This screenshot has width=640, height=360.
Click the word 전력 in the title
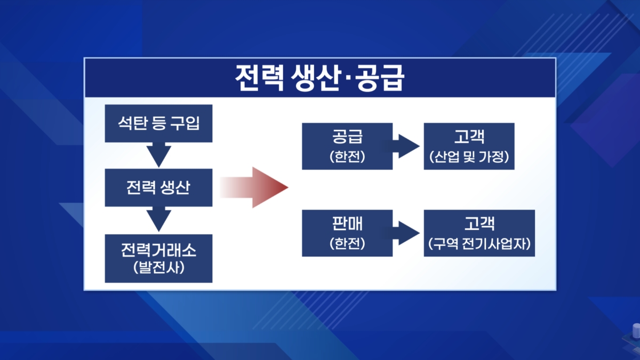tap(259, 78)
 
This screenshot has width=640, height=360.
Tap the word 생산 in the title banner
tap(316, 78)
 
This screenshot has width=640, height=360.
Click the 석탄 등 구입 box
tap(158, 123)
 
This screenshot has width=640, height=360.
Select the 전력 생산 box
tap(158, 187)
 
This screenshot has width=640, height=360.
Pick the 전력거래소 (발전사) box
tap(158, 259)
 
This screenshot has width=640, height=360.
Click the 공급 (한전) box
tap(347, 146)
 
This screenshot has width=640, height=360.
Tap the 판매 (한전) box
tap(347, 233)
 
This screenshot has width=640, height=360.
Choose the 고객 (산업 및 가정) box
tap(469, 146)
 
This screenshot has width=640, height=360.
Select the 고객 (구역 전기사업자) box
tap(479, 233)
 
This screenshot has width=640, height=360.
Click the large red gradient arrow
tap(254, 187)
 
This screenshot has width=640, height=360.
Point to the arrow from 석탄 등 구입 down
tap(159, 155)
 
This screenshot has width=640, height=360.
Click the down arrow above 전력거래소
tap(159, 219)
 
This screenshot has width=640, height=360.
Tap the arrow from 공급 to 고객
tap(406, 146)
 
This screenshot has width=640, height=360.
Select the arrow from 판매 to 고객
tap(406, 233)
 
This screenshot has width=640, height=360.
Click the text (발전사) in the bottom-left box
tap(159, 268)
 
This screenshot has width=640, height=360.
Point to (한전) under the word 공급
tap(347, 157)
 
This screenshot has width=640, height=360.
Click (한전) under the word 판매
tap(347, 243)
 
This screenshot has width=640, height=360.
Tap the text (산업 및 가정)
tap(469, 157)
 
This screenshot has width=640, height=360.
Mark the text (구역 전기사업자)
tap(479, 243)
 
